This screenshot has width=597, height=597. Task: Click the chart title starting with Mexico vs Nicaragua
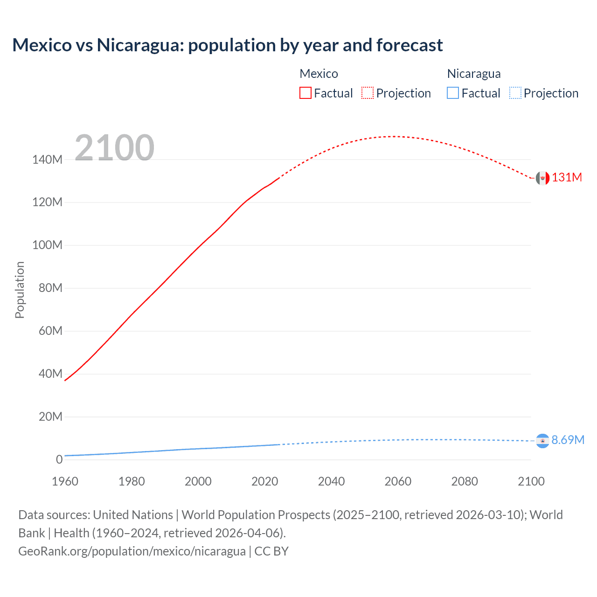click(227, 45)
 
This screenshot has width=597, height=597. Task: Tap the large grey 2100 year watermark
click(114, 147)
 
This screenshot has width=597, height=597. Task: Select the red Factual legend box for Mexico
click(305, 93)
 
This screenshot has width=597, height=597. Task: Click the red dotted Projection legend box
click(367, 93)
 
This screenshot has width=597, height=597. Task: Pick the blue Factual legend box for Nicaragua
click(452, 93)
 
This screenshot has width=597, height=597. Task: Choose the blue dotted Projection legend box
click(515, 93)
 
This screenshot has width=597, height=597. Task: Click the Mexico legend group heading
click(319, 74)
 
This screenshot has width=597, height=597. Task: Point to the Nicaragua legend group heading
click(473, 74)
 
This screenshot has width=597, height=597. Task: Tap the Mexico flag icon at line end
click(542, 178)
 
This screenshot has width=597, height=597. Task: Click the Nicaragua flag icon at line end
click(542, 441)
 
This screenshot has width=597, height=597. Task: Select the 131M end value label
click(567, 178)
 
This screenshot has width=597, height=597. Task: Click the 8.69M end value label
click(568, 440)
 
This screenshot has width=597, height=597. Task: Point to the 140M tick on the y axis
click(47, 160)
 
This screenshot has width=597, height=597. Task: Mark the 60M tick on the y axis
click(50, 331)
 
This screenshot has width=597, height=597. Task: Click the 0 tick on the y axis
click(59, 459)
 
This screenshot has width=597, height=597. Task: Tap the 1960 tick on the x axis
click(65, 481)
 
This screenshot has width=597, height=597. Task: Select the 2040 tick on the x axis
click(331, 481)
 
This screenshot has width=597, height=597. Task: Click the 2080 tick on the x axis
click(465, 481)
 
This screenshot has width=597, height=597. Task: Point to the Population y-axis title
click(20, 290)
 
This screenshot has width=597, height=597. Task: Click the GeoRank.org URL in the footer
click(132, 551)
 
